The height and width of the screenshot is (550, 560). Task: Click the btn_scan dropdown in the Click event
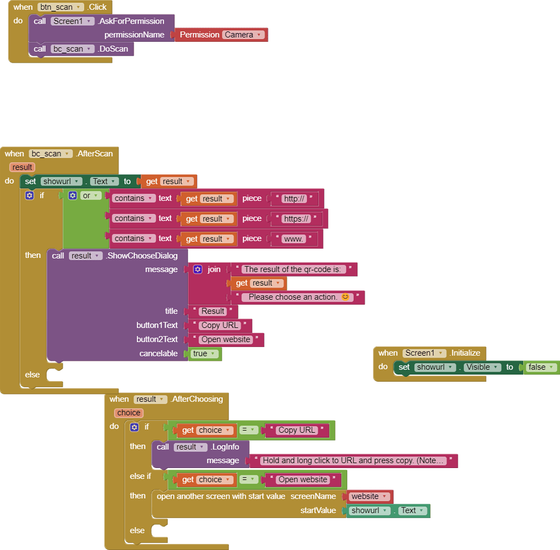(61, 7)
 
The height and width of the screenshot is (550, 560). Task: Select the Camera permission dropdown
(244, 35)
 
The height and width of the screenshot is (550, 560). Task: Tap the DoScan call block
(81, 49)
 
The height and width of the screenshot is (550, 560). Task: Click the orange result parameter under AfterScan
(22, 167)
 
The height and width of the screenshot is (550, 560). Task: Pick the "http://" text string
(295, 199)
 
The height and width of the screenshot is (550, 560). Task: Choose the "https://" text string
(297, 218)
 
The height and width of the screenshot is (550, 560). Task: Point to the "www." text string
(294, 239)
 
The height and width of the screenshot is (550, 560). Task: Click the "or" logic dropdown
(90, 196)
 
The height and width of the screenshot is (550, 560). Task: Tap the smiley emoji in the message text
(345, 297)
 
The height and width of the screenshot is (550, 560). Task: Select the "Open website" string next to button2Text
(226, 339)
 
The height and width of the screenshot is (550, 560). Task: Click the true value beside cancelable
(204, 354)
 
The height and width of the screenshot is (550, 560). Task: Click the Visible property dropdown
(482, 367)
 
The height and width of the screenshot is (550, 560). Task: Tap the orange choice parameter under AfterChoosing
(129, 413)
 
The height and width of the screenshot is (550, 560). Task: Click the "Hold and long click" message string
(353, 461)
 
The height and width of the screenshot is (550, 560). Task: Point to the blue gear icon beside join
(198, 269)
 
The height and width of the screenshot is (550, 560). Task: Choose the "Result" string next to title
(213, 311)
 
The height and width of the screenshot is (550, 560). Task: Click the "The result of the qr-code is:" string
(294, 269)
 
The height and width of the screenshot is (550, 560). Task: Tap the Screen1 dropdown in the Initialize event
(424, 353)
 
